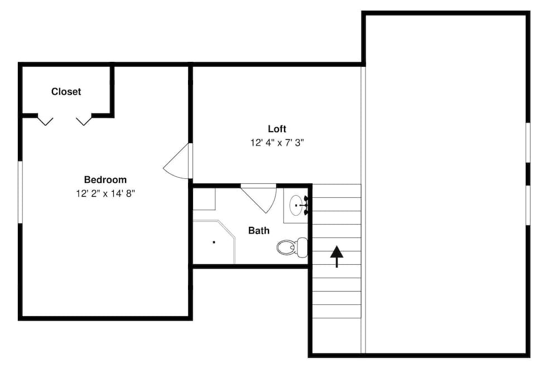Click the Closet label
tap(66, 92)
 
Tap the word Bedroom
tap(105, 179)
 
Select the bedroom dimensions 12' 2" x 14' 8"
tap(105, 194)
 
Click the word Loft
tap(277, 129)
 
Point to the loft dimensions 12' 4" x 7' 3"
tap(277, 143)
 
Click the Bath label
tap(259, 231)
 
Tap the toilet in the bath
tap(292, 247)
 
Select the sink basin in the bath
tap(296, 206)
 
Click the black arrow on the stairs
tap(336, 256)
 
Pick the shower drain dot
tap(214, 242)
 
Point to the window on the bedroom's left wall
tap(20, 192)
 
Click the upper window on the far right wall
tap(528, 143)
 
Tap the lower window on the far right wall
tap(528, 205)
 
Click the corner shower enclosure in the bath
tap(214, 242)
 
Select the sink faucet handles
tap(306, 206)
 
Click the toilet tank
tap(302, 247)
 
